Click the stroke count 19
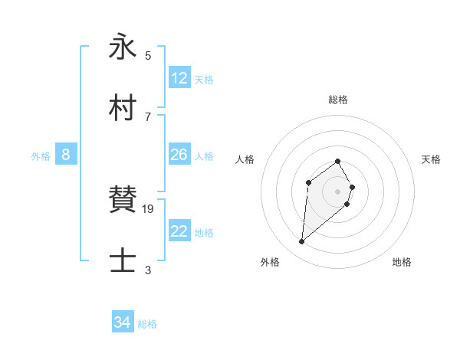point(149,208)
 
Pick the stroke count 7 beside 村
point(148,116)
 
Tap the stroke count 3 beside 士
point(148,270)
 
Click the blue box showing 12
point(179,78)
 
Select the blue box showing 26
point(179,155)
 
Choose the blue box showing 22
point(179,231)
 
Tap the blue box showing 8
point(66,155)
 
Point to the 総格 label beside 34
point(147,324)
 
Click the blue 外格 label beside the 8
point(41,156)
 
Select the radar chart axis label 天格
point(432,159)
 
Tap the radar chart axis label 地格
point(402,262)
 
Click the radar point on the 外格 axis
point(302,242)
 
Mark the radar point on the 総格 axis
point(337,161)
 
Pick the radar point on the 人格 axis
point(308,182)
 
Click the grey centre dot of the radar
point(337,191)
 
